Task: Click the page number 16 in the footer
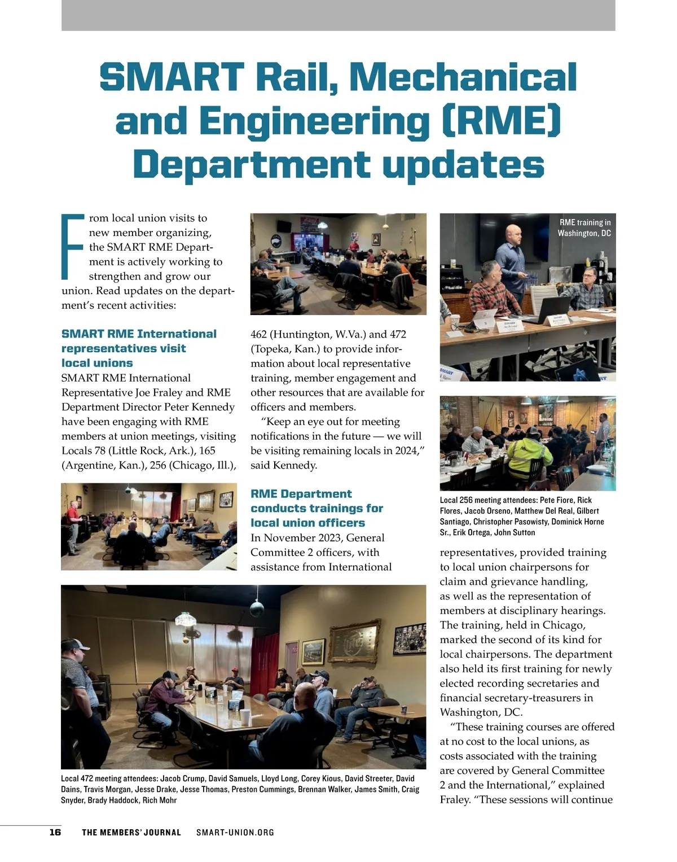(x=55, y=832)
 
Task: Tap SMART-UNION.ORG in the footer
(x=235, y=832)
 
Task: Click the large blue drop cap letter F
(x=72, y=246)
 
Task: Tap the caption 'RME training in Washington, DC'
(x=584, y=227)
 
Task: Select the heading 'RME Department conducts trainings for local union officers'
(x=316, y=508)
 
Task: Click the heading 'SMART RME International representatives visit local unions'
(x=139, y=348)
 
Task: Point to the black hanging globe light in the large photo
(x=257, y=609)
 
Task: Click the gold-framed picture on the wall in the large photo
(x=354, y=642)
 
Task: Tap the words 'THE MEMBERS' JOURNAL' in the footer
(x=131, y=832)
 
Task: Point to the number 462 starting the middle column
(x=260, y=334)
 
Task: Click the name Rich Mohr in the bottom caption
(x=160, y=800)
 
